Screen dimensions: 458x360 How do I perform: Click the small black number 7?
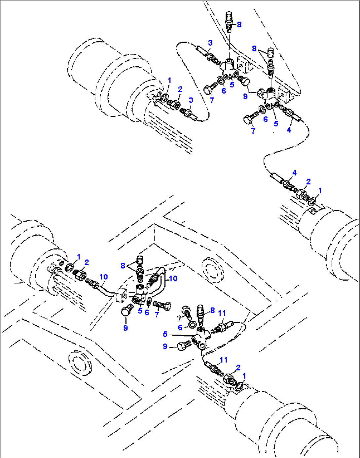pyautogui.click(x=179, y=318)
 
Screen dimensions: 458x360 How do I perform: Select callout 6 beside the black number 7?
pyautogui.click(x=180, y=327)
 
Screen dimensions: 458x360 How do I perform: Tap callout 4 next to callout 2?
pyautogui.click(x=294, y=173)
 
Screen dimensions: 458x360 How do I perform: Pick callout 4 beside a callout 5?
pyautogui.click(x=289, y=130)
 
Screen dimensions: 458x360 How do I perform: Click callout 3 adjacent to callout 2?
pyautogui.click(x=191, y=100)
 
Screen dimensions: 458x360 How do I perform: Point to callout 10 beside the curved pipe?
pyautogui.click(x=173, y=278)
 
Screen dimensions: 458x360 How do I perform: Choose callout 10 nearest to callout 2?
pyautogui.click(x=103, y=277)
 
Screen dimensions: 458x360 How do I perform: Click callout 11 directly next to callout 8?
pyautogui.click(x=222, y=312)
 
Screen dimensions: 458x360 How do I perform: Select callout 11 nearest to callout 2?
pyautogui.click(x=224, y=360)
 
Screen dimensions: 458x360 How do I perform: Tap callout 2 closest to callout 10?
pyautogui.click(x=87, y=262)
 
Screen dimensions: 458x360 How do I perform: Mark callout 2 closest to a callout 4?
pyautogui.click(x=308, y=181)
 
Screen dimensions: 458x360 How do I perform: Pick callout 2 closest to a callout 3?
pyautogui.click(x=180, y=89)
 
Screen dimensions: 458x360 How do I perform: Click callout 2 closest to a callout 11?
pyautogui.click(x=238, y=367)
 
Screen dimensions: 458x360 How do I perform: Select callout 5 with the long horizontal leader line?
pyautogui.click(x=165, y=334)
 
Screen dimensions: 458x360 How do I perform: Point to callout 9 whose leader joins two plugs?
pyautogui.click(x=245, y=96)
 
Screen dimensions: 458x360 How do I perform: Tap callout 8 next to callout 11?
pyautogui.click(x=212, y=310)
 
